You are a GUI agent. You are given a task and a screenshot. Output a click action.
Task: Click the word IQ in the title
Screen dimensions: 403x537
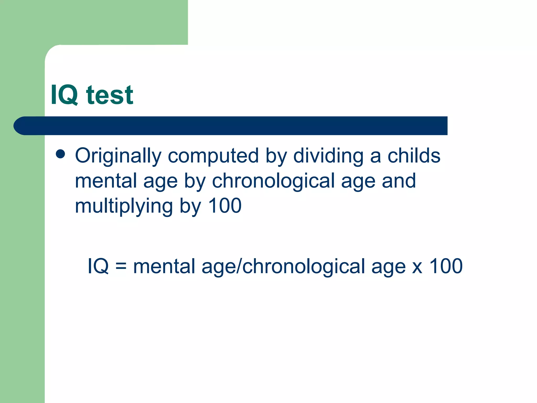(64, 95)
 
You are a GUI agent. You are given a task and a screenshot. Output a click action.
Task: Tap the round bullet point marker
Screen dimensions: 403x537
(60, 154)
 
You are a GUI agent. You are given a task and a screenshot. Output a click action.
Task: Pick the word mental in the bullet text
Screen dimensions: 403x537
(106, 181)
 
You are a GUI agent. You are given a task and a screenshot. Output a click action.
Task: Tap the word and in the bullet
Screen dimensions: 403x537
(399, 181)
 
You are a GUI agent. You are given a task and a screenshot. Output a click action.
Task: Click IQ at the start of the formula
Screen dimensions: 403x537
(98, 266)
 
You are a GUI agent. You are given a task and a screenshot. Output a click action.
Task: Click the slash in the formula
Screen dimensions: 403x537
(239, 266)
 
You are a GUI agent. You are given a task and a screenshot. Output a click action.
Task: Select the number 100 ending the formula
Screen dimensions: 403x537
(446, 266)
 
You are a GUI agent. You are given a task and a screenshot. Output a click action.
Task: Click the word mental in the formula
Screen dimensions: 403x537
(164, 266)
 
